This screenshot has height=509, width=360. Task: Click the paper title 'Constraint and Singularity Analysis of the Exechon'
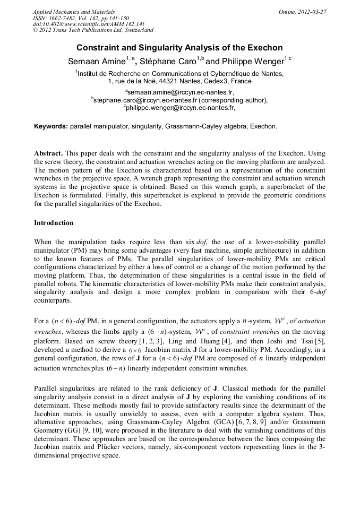(179, 47)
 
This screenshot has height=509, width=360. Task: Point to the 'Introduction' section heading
(54, 222)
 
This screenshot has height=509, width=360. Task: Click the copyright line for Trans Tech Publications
(93, 31)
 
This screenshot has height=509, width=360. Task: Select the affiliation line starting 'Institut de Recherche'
(179, 74)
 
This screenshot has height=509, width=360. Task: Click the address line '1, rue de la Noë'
(179, 81)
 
